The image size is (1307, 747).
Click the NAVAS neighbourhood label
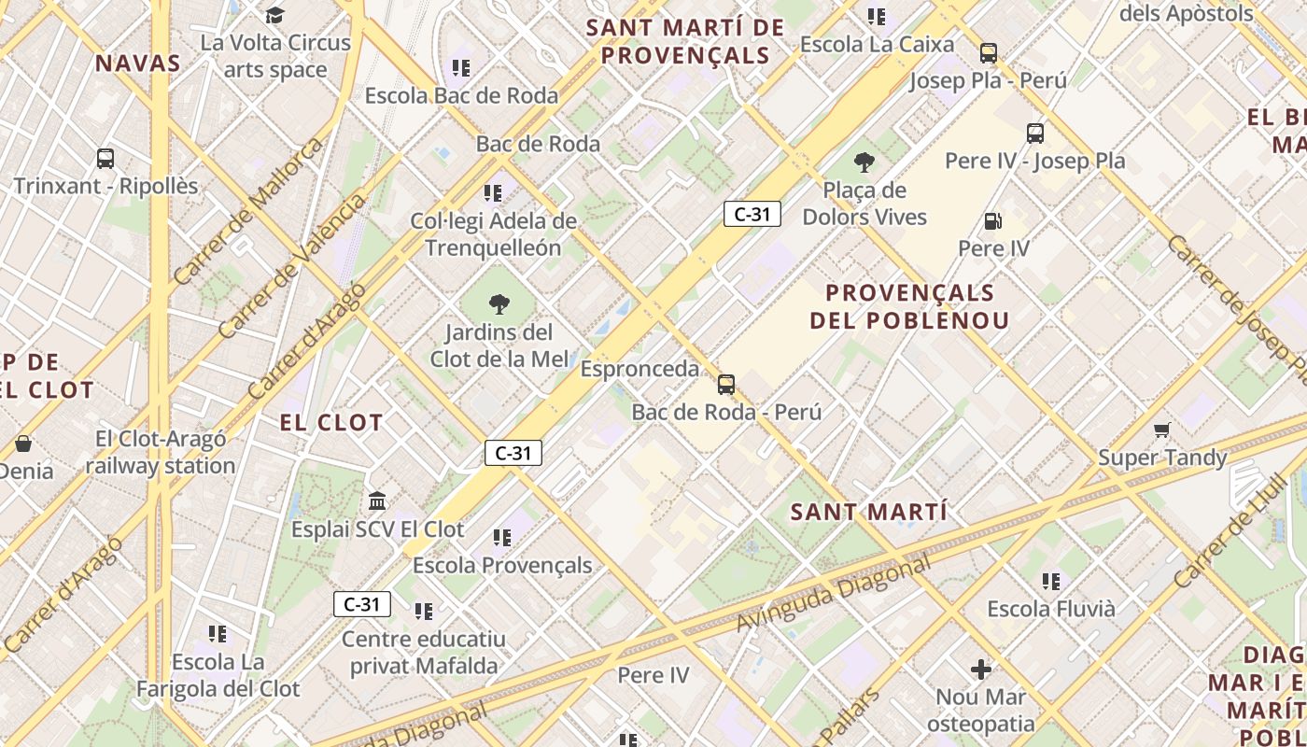pos(137,63)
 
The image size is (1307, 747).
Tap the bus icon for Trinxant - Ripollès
pos(105,159)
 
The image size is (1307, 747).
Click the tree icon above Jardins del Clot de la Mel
pos(499,303)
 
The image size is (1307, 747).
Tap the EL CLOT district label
pos(331,423)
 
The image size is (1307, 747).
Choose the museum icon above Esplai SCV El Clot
pos(377,501)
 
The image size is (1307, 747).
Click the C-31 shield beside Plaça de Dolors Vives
pos(752,214)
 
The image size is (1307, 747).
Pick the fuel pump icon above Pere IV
pos(993,221)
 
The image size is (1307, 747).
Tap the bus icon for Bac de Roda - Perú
pos(726,384)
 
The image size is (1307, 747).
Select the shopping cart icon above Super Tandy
pos(1161,430)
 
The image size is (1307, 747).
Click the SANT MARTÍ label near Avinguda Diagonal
pos(868,512)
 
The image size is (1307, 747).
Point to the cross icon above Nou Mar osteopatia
pos(980,669)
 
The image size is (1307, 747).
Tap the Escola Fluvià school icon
pos(1051,582)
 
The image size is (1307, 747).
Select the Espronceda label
pos(639,369)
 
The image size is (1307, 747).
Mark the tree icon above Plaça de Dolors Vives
pos(864,162)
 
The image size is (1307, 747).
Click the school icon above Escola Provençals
pos(502,538)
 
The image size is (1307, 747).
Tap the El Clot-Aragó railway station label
pos(161,452)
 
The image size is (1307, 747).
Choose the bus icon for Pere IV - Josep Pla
pos(1034,134)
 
